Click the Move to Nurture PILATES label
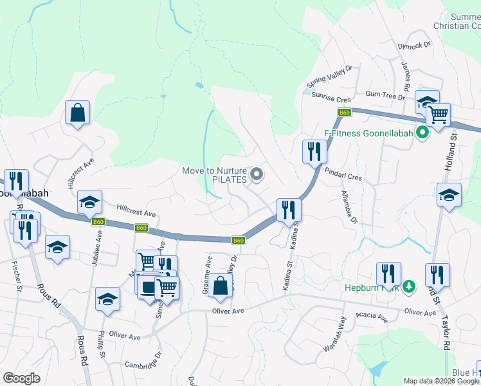coord(214,175)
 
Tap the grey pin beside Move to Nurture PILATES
coord(257,174)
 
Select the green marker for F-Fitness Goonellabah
coord(422,134)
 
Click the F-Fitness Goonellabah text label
coord(369,134)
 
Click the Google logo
coord(22,378)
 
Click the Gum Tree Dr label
coord(385,95)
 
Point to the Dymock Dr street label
coord(413,45)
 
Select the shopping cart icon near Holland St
coord(438,116)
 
